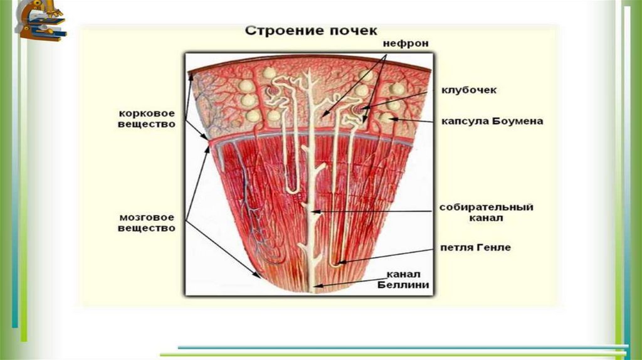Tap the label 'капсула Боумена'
click(x=492, y=121)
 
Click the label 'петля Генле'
click(x=475, y=247)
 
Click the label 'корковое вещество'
click(x=145, y=119)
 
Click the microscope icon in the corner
click(x=41, y=20)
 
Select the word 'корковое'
click(x=145, y=114)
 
